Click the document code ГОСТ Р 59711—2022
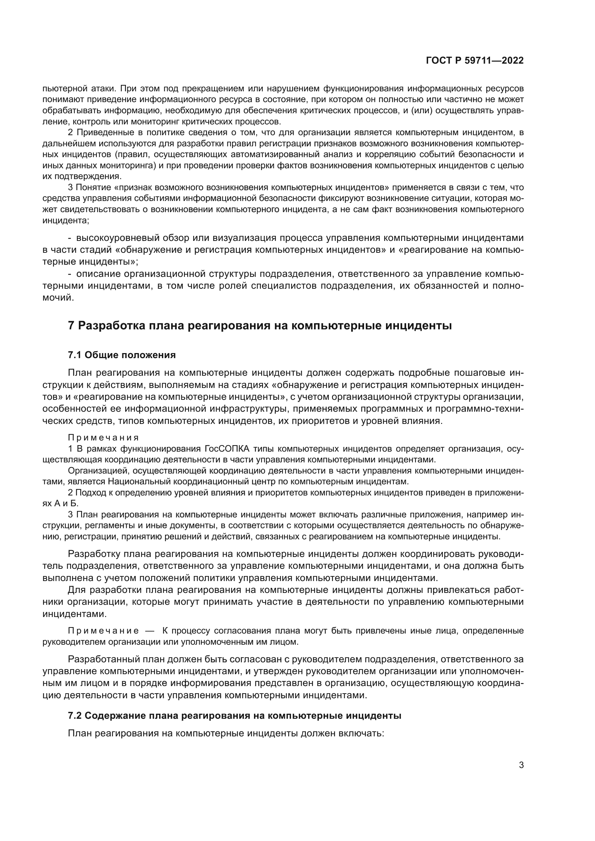pyautogui.click(x=475, y=61)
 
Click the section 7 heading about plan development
pyautogui.click(x=260, y=325)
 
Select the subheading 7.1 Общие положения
pyautogui.click(x=122, y=355)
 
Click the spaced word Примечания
pyautogui.click(x=103, y=438)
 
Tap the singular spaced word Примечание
pyautogui.click(x=103, y=631)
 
